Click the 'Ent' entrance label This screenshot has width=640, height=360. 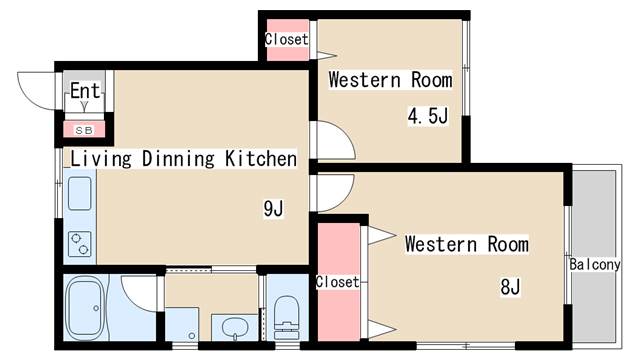85,91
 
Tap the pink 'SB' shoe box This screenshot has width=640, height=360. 84,130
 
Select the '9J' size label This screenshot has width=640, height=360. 273,209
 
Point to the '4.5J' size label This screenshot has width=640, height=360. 428,116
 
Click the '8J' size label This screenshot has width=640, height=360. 510,287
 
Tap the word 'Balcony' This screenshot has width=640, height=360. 595,264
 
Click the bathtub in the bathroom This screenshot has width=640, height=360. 85,308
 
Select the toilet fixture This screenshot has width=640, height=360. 287,318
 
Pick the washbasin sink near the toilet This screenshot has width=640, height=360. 235,327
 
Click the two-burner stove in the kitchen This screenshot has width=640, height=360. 80,244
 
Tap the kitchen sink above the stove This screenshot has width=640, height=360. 80,193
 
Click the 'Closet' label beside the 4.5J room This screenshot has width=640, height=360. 287,39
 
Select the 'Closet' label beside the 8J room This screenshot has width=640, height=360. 338,282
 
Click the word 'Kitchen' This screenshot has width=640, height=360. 261,158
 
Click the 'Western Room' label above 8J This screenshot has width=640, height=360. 467,244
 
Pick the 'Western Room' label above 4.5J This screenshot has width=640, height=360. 390,80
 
